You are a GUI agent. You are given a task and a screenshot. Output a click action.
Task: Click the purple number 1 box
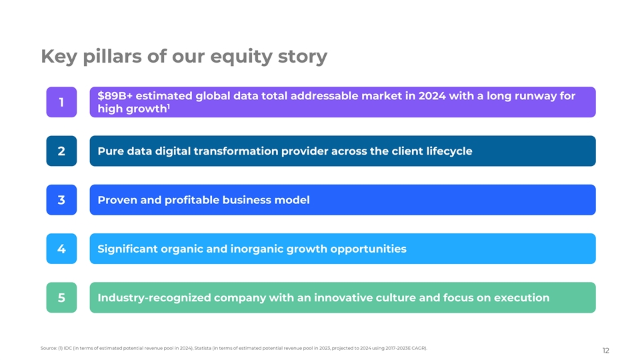point(61,102)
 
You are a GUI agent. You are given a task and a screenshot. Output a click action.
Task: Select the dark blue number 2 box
point(61,151)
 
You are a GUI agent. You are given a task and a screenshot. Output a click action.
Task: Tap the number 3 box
point(61,200)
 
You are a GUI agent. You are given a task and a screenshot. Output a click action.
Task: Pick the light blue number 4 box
point(61,249)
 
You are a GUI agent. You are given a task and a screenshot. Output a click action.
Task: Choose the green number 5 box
point(61,297)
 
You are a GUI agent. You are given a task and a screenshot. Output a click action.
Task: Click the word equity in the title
point(241,57)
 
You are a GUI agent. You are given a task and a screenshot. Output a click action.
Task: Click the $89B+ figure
point(115,96)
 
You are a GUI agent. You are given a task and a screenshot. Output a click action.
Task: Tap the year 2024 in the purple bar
point(432,96)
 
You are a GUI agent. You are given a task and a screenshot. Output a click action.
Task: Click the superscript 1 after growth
point(169,107)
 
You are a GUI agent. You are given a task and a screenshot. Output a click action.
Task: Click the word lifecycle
point(449,151)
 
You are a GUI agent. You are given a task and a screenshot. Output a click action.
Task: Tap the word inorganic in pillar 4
point(257,249)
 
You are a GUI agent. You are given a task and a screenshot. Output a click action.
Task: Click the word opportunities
point(368,249)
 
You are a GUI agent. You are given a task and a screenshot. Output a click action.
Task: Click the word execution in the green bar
point(521,298)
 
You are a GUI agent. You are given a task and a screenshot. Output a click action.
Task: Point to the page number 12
point(606,351)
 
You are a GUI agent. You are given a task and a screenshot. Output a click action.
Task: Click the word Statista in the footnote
point(203,348)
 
